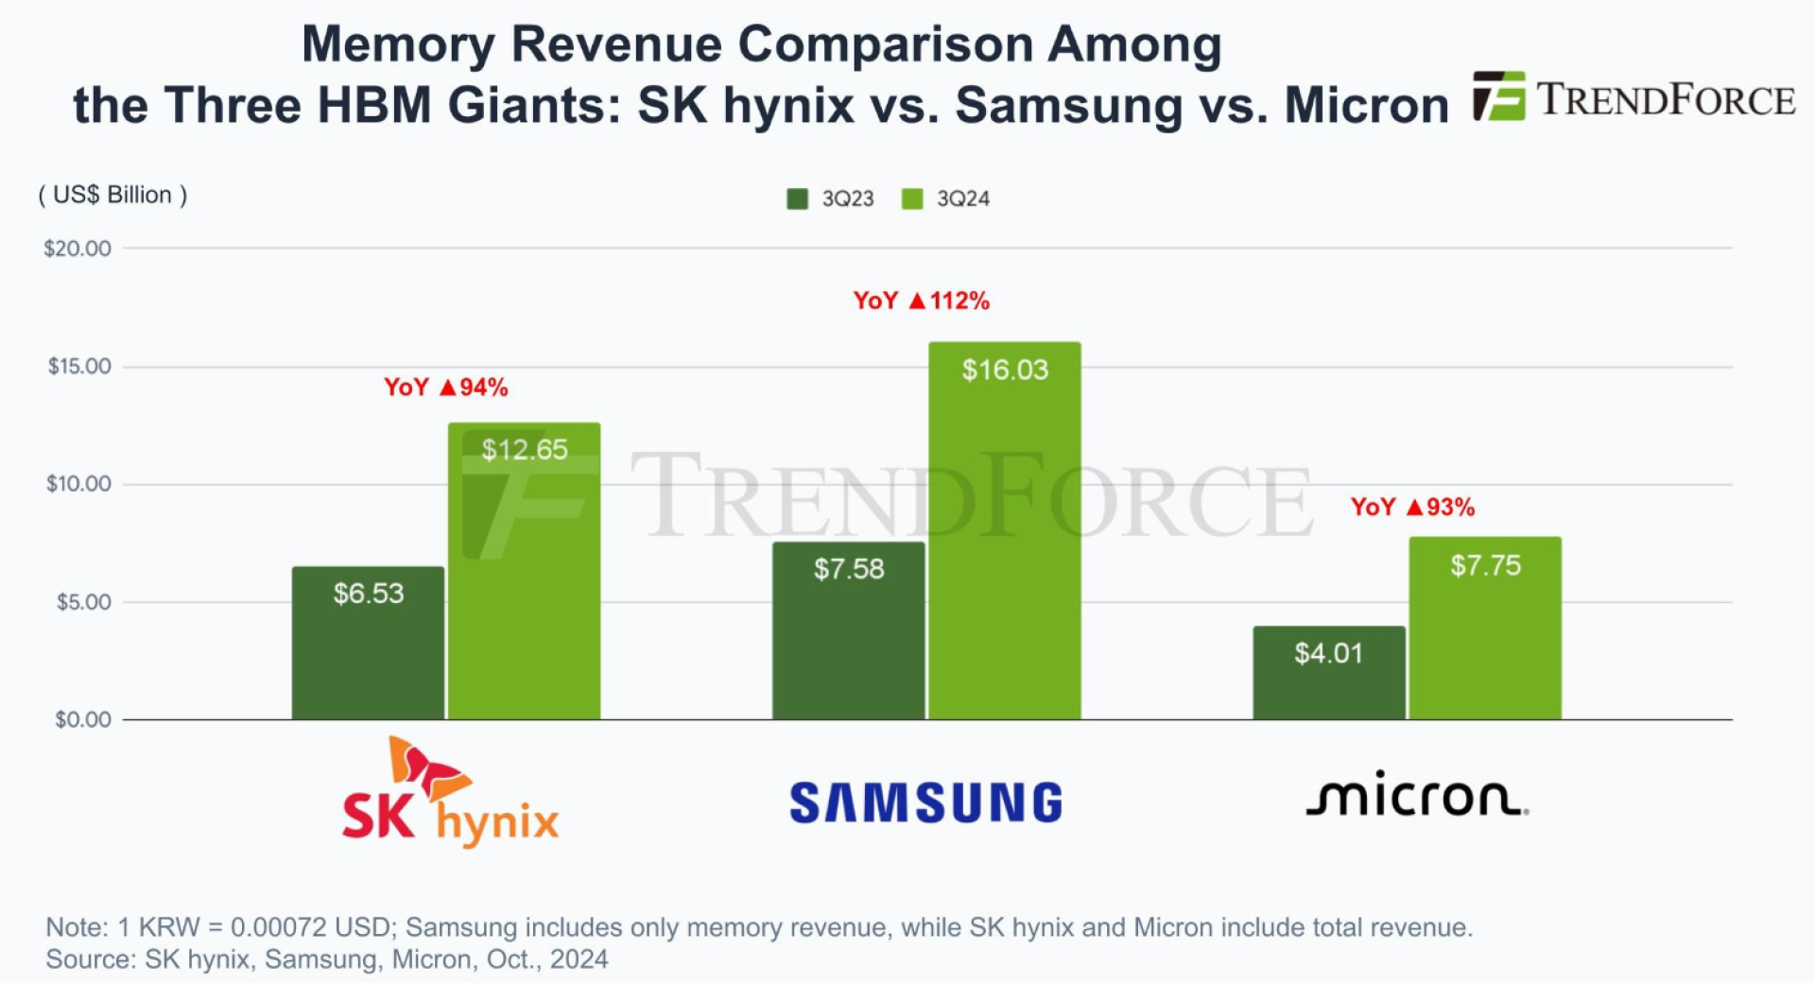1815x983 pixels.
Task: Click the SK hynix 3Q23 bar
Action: (x=368, y=643)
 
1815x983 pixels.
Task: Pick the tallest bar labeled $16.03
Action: (x=1004, y=530)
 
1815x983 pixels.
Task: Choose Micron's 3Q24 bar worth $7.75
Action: (x=1485, y=629)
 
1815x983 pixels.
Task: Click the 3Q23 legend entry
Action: (x=831, y=198)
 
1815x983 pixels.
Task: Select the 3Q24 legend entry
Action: (x=946, y=198)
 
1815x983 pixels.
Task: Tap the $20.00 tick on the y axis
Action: (x=78, y=249)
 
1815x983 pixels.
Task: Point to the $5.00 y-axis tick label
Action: (x=83, y=602)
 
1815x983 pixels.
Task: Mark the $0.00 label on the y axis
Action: (x=83, y=720)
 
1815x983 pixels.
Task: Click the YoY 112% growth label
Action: (x=922, y=301)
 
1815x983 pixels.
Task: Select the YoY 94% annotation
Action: (x=446, y=388)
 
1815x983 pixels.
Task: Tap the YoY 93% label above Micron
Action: (x=1412, y=508)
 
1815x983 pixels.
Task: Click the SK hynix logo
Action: (x=450, y=794)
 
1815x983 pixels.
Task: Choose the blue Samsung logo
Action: (x=925, y=802)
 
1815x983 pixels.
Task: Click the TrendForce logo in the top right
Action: (x=1633, y=98)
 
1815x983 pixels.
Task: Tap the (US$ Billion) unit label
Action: (x=112, y=195)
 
